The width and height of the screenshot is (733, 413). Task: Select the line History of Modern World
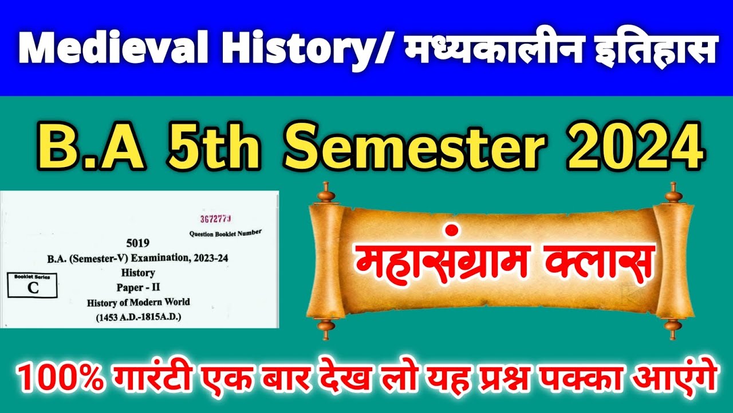pos(139,302)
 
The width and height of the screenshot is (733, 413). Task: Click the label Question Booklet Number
pos(226,233)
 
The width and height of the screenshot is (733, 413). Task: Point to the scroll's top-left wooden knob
pos(328,193)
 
